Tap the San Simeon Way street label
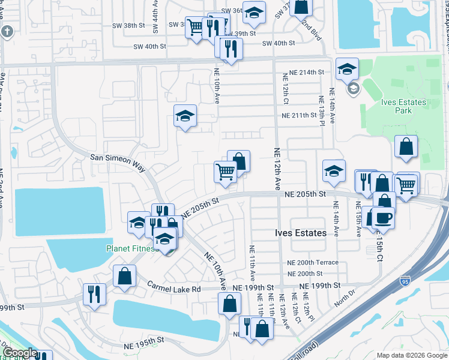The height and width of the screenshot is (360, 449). coord(117,157)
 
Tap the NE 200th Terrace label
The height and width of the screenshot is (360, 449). coord(312,262)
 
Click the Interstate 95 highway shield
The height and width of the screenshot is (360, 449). coord(406,280)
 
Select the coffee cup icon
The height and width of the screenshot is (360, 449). coord(383,217)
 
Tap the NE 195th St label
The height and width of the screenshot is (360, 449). coord(144,340)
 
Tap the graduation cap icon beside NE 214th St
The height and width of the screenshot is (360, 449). coord(347,69)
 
